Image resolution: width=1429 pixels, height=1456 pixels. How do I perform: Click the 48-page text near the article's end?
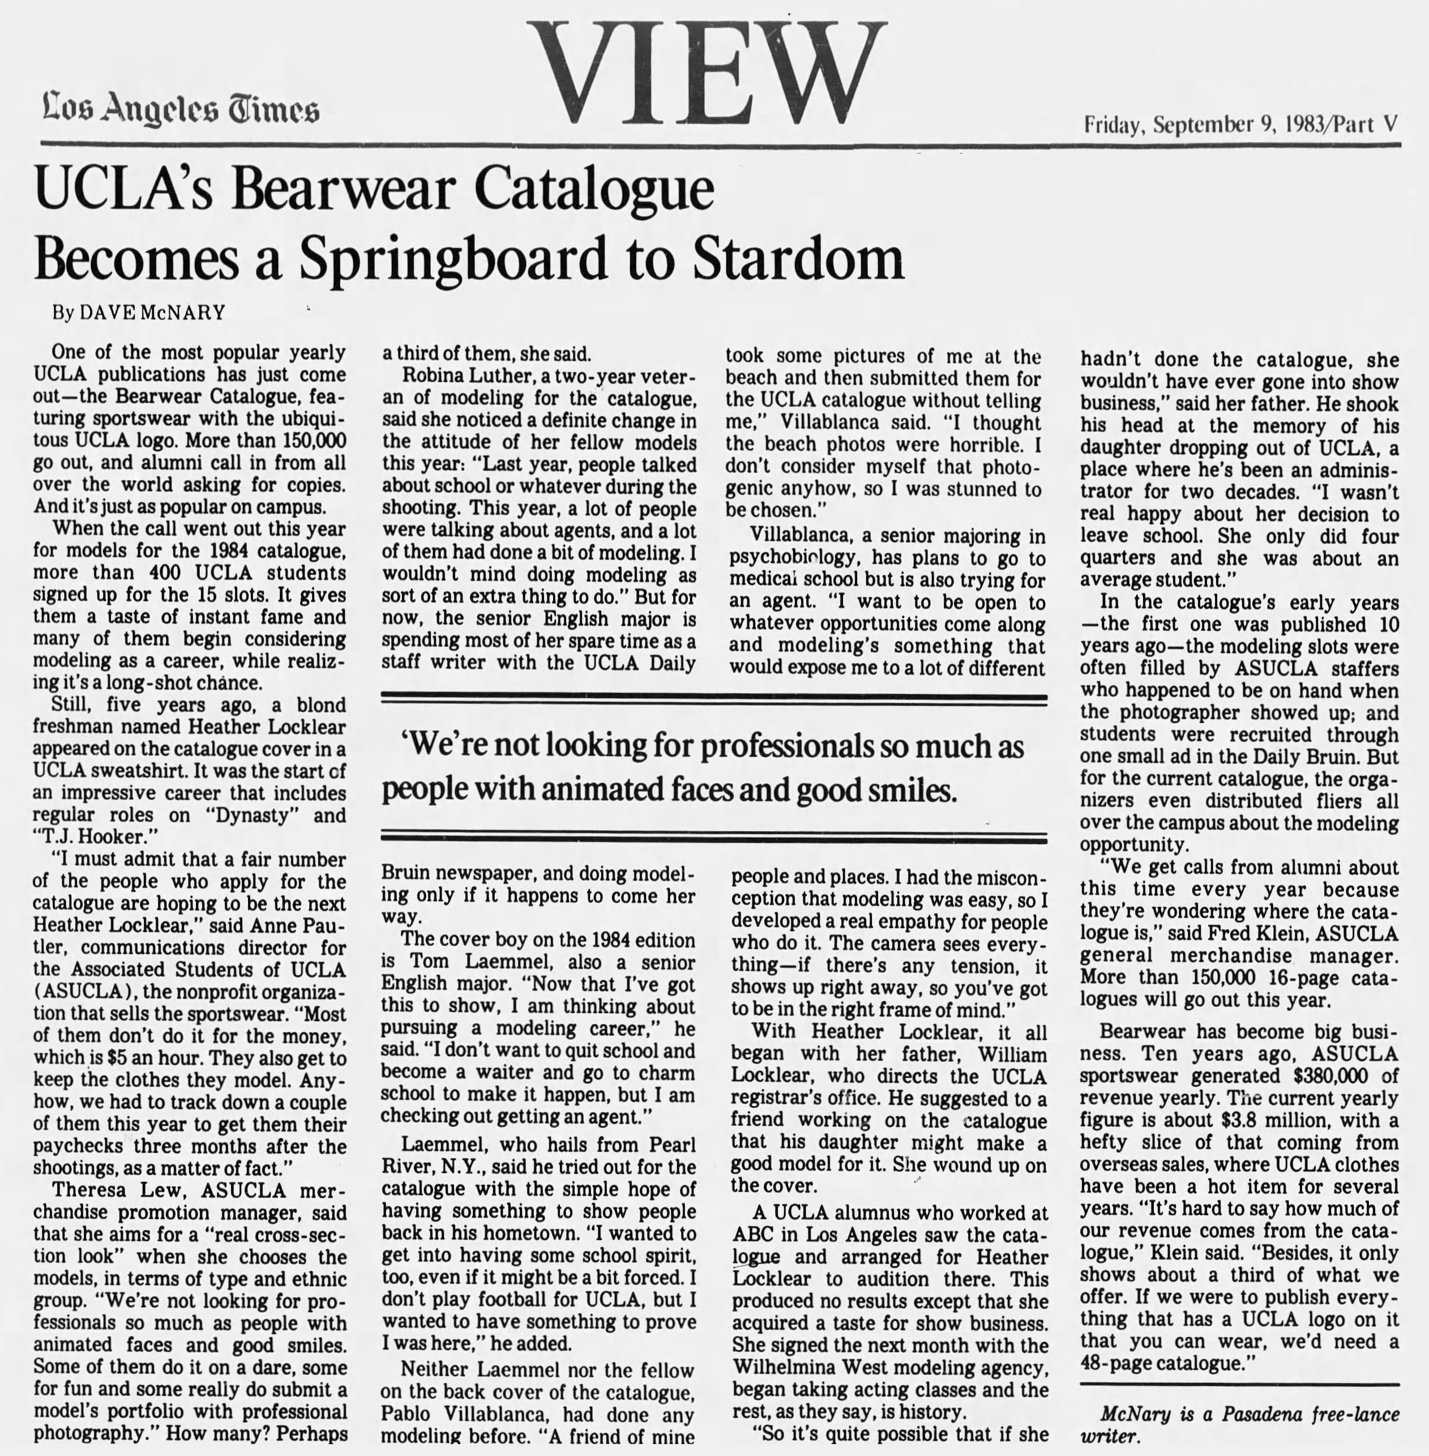1115,1363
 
